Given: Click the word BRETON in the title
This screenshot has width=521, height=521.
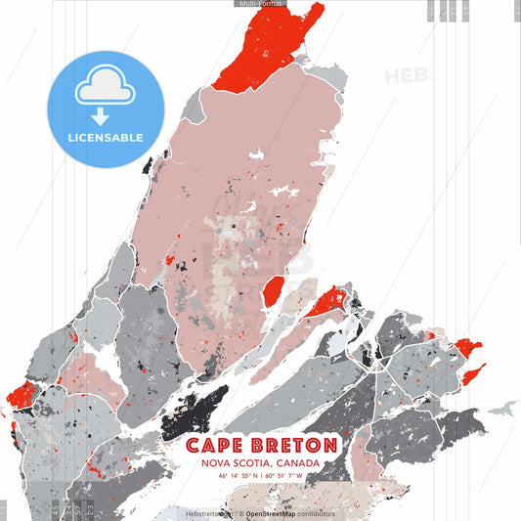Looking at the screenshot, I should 290,446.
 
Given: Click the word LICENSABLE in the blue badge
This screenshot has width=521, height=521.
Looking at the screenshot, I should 106,138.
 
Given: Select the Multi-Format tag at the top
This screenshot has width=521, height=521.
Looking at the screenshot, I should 260,4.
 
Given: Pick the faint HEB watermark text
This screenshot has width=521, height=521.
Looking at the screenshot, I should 405,76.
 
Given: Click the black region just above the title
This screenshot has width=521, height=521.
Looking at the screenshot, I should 195,412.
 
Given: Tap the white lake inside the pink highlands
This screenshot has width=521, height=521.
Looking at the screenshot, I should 258,155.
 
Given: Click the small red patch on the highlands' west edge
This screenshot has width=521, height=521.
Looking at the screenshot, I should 169,261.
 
